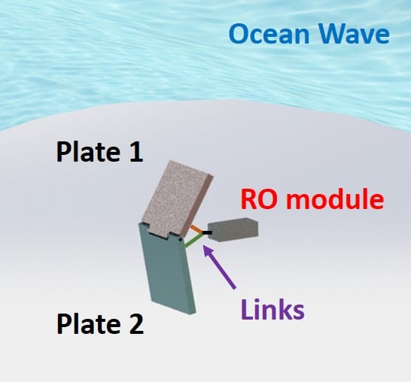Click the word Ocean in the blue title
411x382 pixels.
(269, 34)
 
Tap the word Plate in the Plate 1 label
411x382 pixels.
(88, 152)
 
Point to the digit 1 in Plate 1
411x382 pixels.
(136, 152)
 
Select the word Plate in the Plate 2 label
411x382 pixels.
(88, 324)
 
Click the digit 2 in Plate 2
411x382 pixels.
(136, 324)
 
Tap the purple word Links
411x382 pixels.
(272, 309)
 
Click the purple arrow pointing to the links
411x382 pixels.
(220, 266)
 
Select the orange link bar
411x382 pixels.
(196, 229)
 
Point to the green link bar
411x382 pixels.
(194, 241)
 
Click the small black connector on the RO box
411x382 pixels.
(207, 232)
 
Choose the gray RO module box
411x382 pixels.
(233, 229)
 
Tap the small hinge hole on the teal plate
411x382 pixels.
(181, 240)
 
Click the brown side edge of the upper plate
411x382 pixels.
(199, 205)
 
